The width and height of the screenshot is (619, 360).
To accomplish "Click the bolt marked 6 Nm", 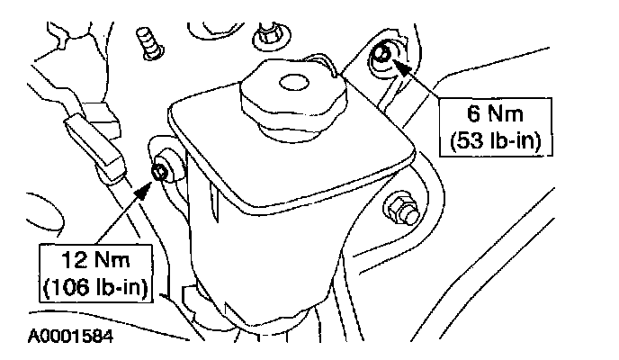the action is pos(381,56).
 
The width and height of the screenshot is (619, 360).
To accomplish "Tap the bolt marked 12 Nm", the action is pos(162,172).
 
